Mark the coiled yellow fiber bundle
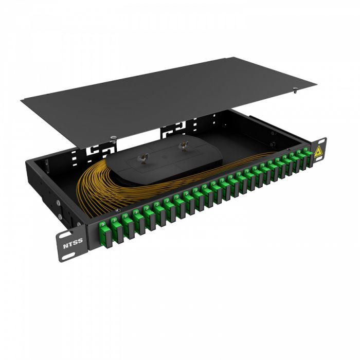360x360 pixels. pos(103,183)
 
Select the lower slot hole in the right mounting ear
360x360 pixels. pos(325,156)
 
